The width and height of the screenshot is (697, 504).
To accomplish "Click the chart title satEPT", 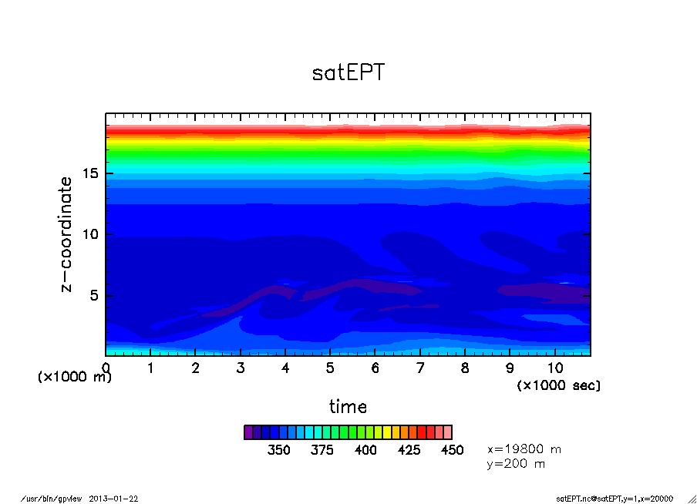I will (348, 73).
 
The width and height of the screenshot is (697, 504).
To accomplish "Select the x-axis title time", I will (348, 406).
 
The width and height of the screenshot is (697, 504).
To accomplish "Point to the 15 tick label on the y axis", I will (91, 173).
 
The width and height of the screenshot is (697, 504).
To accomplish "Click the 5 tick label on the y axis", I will (96, 296).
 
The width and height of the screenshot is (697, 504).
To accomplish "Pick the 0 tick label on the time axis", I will (106, 368).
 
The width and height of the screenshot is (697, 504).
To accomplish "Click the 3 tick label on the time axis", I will (241, 368).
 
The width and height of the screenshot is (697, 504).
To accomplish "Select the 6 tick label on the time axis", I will (375, 368).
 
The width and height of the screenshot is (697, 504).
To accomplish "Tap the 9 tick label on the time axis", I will (510, 368).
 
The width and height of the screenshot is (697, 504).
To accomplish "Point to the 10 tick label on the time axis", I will (555, 368).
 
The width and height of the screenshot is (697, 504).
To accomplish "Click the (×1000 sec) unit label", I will (558, 385).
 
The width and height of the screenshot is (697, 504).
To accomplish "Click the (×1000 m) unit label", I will (75, 377).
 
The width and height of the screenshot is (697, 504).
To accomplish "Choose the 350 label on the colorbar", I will (278, 450).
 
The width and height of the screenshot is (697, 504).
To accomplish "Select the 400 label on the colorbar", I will (365, 450).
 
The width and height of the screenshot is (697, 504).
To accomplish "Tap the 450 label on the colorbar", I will (452, 450).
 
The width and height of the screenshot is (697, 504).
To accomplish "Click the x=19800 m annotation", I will (524, 449).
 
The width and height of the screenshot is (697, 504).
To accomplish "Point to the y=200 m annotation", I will (516, 464).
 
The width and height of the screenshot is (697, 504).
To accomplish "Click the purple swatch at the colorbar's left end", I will (248, 432).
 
